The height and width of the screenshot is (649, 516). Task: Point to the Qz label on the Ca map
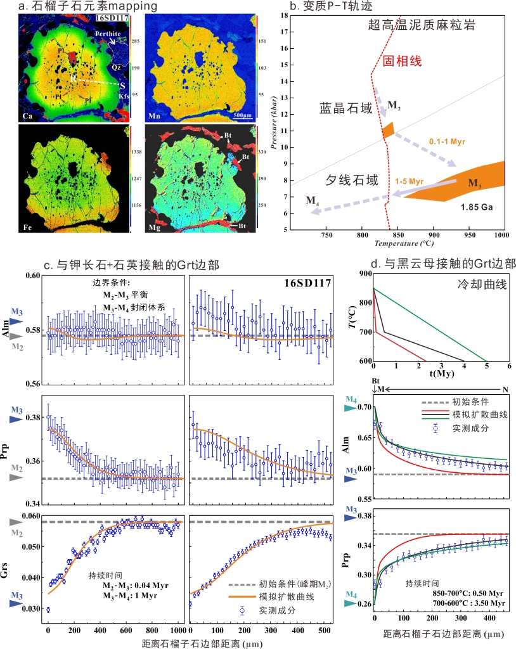click(x=116, y=65)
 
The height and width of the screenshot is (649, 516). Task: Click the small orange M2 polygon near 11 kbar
click(x=388, y=130)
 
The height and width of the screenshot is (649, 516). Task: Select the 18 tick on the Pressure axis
click(x=282, y=16)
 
